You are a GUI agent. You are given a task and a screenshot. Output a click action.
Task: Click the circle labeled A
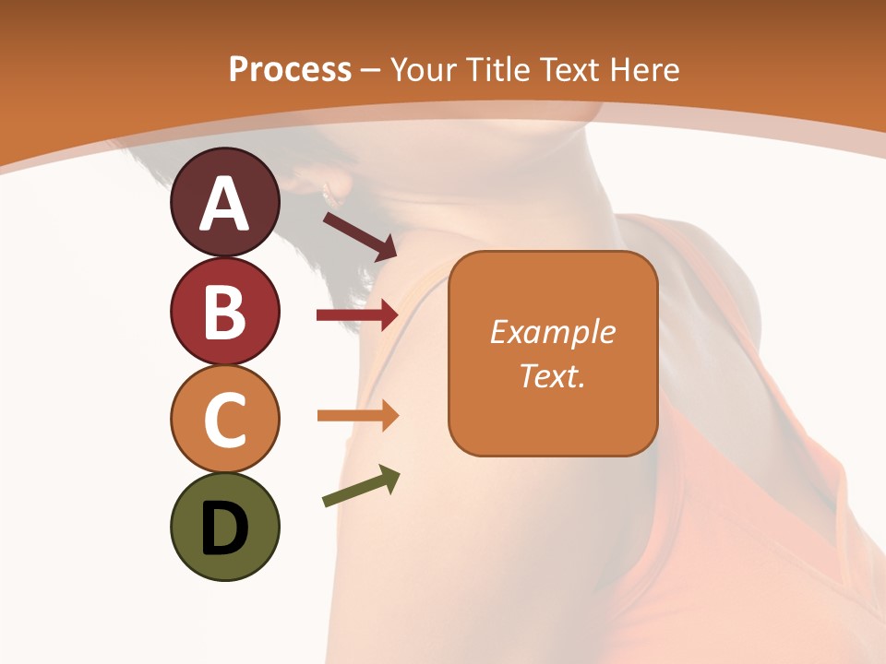[x=224, y=202]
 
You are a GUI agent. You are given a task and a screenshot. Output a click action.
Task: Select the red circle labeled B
[x=224, y=311]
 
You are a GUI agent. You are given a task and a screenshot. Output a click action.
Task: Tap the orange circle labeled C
[x=224, y=419]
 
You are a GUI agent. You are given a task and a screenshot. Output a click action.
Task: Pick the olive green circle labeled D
[x=224, y=527]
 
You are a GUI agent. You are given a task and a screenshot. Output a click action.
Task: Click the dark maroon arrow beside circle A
[x=360, y=235]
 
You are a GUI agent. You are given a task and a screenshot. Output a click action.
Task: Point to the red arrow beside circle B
[x=357, y=315]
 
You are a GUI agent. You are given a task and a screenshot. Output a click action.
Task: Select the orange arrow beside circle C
[x=357, y=415]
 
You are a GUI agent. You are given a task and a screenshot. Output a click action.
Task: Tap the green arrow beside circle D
[x=361, y=487]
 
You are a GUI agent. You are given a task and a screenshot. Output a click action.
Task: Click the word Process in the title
[x=290, y=69]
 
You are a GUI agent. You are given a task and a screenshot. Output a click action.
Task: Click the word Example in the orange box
[x=553, y=332]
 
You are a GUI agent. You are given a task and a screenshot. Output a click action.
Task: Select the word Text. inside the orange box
[x=553, y=375]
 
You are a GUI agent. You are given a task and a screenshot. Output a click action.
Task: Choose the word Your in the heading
[x=425, y=69]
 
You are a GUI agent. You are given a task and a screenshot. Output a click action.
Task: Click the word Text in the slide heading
[x=569, y=69]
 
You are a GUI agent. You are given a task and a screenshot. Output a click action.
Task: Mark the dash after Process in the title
[x=371, y=70]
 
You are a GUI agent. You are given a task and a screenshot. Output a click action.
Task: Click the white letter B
[x=224, y=311]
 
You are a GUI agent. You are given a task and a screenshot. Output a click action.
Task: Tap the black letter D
[x=224, y=528]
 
